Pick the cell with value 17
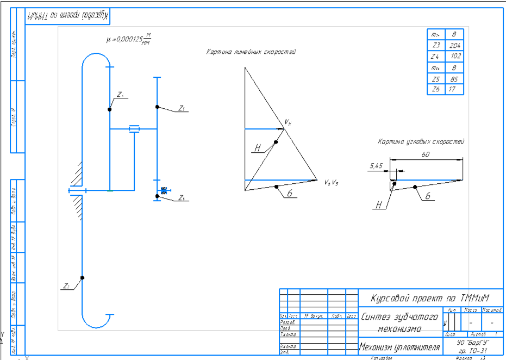pos(453,89)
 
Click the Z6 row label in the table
pos(436,89)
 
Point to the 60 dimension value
pos(425,154)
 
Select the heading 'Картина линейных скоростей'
pos(251,52)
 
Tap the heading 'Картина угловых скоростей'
pos(421,141)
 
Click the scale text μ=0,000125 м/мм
pos(128,40)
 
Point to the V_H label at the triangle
pos(288,122)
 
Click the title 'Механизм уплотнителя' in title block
pos(399,346)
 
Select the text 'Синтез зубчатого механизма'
pos(399,322)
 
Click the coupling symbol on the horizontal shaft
pos(134,129)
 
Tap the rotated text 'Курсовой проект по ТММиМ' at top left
pos(68,16)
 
